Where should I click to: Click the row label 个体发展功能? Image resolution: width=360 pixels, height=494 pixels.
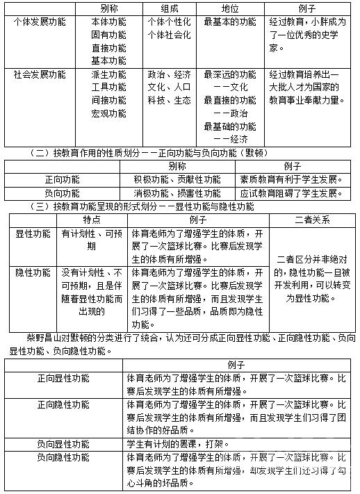click(x=40, y=22)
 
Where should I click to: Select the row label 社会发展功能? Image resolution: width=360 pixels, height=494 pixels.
click(x=40, y=74)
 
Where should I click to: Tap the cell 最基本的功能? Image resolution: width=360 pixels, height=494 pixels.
click(x=229, y=22)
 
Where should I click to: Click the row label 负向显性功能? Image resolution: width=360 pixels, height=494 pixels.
click(x=63, y=443)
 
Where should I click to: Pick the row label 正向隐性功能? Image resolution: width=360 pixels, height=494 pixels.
click(x=63, y=404)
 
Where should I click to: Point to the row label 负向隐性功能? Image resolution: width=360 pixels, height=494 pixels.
click(x=63, y=457)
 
